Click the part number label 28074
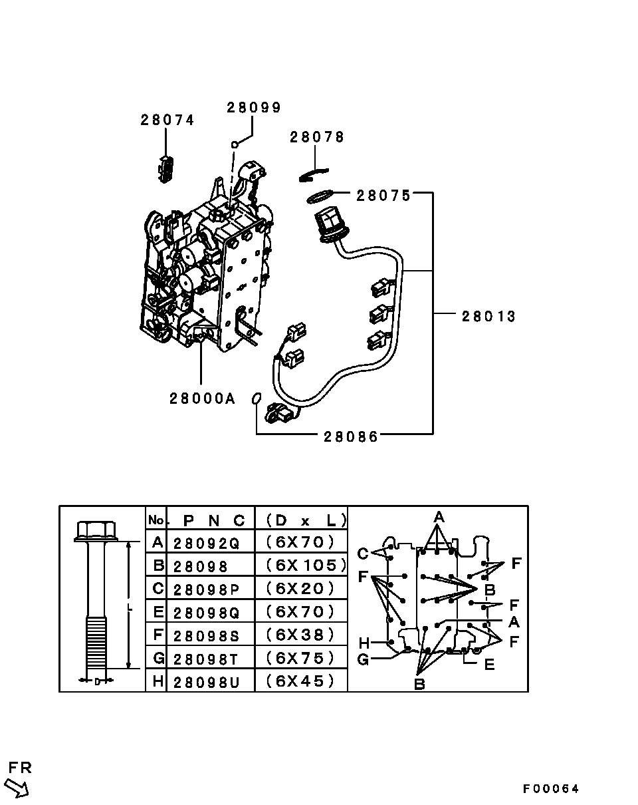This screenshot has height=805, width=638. pos(167,120)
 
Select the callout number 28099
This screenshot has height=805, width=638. pos(254,108)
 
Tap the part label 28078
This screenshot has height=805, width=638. pos(316,137)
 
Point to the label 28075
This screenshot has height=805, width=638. pos(383,196)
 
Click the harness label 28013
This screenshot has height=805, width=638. pos(488,317)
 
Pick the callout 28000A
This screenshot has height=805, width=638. pos(202,399)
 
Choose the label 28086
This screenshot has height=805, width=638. pos(351,437)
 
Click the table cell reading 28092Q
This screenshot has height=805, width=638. pos(206,544)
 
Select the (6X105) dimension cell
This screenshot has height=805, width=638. pos(306,565)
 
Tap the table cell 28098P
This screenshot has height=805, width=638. pos(206,590)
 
